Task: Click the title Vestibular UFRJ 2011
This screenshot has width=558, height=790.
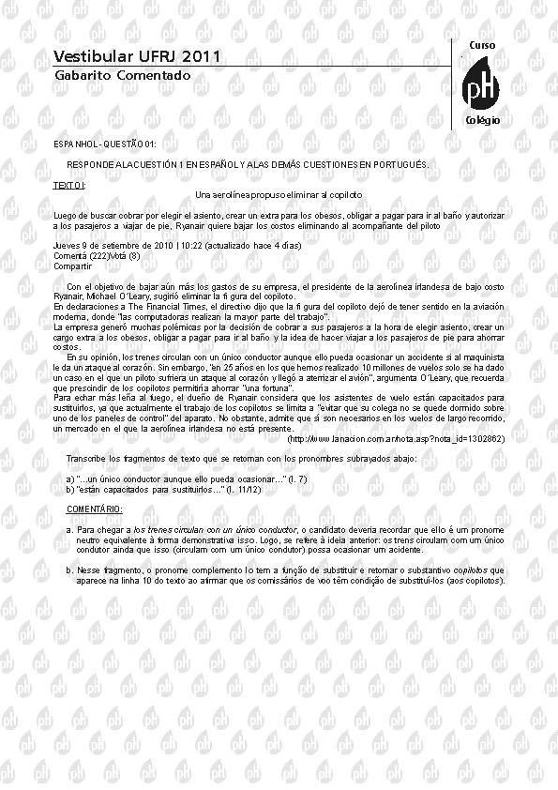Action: [137, 57]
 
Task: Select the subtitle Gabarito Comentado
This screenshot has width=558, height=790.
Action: [122, 75]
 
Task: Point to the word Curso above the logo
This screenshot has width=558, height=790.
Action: [482, 45]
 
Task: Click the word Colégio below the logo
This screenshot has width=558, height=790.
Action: [483, 121]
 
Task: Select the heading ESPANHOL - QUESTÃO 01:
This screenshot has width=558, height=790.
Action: [105, 144]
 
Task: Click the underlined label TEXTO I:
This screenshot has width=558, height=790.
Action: [69, 186]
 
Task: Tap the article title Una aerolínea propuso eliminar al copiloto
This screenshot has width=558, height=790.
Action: [279, 194]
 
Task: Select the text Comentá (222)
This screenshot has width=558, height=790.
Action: [82, 255]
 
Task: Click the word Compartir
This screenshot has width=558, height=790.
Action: [72, 266]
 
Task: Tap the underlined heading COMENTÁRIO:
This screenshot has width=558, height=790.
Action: [94, 509]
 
